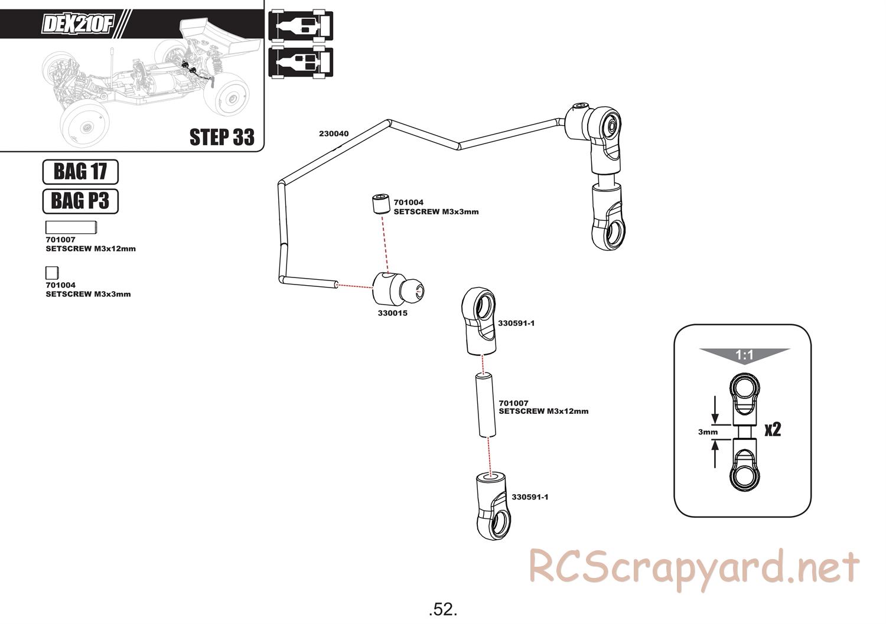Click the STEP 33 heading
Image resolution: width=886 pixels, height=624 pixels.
(221, 137)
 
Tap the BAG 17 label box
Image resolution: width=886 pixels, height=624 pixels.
(80, 172)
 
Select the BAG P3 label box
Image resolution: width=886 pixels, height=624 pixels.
(80, 201)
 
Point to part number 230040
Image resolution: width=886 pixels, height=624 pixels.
(334, 134)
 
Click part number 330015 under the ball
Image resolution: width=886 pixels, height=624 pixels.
(393, 313)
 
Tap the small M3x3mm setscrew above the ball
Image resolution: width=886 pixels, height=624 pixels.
(381, 204)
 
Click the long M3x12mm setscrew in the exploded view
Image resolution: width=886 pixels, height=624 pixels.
(486, 406)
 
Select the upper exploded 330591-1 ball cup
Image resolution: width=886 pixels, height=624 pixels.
(480, 321)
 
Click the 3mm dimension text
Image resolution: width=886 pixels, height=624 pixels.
(708, 432)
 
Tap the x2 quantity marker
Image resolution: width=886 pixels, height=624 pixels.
(773, 429)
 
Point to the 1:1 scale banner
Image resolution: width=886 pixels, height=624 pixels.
(744, 355)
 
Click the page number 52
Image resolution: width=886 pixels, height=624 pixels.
(443, 609)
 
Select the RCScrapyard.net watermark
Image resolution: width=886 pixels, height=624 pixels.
(693, 569)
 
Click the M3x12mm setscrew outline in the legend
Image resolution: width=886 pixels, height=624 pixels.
(71, 227)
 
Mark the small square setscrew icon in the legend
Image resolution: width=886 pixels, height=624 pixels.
(52, 273)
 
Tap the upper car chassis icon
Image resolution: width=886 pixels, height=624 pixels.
(301, 27)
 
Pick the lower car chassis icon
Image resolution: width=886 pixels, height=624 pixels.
(301, 62)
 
